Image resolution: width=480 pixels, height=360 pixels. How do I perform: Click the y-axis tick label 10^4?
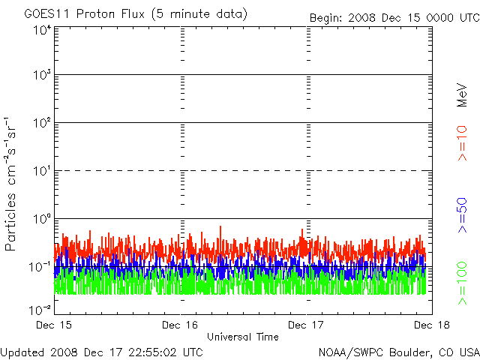coord(41,29)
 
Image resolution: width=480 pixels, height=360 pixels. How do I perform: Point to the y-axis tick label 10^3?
coord(41,76)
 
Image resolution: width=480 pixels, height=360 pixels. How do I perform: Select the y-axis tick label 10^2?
coord(41,123)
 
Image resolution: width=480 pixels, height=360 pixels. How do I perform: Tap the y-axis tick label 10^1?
coord(41,171)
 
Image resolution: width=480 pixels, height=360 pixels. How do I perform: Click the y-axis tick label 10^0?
coord(41,219)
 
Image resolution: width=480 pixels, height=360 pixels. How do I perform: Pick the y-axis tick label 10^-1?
coord(40,267)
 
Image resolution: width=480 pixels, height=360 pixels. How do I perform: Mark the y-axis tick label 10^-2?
coord(40,308)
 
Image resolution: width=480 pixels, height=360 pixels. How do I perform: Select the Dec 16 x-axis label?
coord(180,325)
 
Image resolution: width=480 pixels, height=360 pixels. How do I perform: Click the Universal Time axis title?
coord(242,337)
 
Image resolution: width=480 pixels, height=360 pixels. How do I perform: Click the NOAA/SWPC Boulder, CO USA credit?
coord(398,351)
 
